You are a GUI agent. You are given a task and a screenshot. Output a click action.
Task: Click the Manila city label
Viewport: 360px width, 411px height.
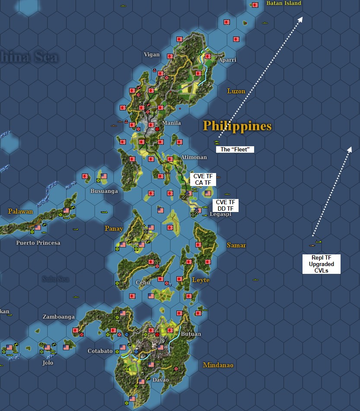[x=171, y=123]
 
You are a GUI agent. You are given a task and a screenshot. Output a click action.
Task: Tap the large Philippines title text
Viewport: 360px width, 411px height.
[x=237, y=126]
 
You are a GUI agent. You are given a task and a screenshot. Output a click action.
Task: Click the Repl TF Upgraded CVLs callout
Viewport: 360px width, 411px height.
[x=321, y=264]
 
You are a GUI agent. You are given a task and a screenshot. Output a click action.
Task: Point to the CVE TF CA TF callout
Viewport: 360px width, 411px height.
[x=203, y=180]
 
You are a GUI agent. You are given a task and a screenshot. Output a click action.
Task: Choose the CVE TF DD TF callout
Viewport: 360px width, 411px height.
[x=225, y=205]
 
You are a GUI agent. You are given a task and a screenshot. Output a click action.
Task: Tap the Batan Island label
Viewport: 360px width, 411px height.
[x=284, y=3]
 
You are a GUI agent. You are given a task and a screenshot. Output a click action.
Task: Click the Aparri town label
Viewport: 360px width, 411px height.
[x=227, y=60]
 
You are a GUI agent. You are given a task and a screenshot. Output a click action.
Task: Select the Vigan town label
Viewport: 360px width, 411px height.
[x=152, y=55]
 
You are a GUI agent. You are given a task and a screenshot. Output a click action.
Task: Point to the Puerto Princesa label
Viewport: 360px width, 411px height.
[x=38, y=243]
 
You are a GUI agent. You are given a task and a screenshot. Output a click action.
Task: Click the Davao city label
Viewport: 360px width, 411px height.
[x=160, y=380]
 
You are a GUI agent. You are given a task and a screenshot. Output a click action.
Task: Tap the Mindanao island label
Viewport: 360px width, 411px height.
[x=218, y=365]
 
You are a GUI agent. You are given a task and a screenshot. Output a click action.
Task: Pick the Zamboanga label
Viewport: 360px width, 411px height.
[x=58, y=317]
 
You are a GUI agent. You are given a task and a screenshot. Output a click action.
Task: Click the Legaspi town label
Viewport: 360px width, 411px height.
[x=220, y=214]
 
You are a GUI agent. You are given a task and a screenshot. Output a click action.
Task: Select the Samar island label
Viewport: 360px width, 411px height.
[x=236, y=245]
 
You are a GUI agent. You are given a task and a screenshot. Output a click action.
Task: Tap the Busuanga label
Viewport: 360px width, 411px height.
[x=104, y=191]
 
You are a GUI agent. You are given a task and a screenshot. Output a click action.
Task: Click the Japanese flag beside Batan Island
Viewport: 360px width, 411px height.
[x=255, y=5]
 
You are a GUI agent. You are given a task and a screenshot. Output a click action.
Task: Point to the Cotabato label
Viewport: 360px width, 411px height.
[x=100, y=351]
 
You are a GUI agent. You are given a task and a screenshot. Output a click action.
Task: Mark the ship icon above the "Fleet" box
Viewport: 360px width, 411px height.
[x=217, y=142]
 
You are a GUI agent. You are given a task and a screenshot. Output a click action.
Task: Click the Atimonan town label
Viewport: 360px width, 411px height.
[x=191, y=157]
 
